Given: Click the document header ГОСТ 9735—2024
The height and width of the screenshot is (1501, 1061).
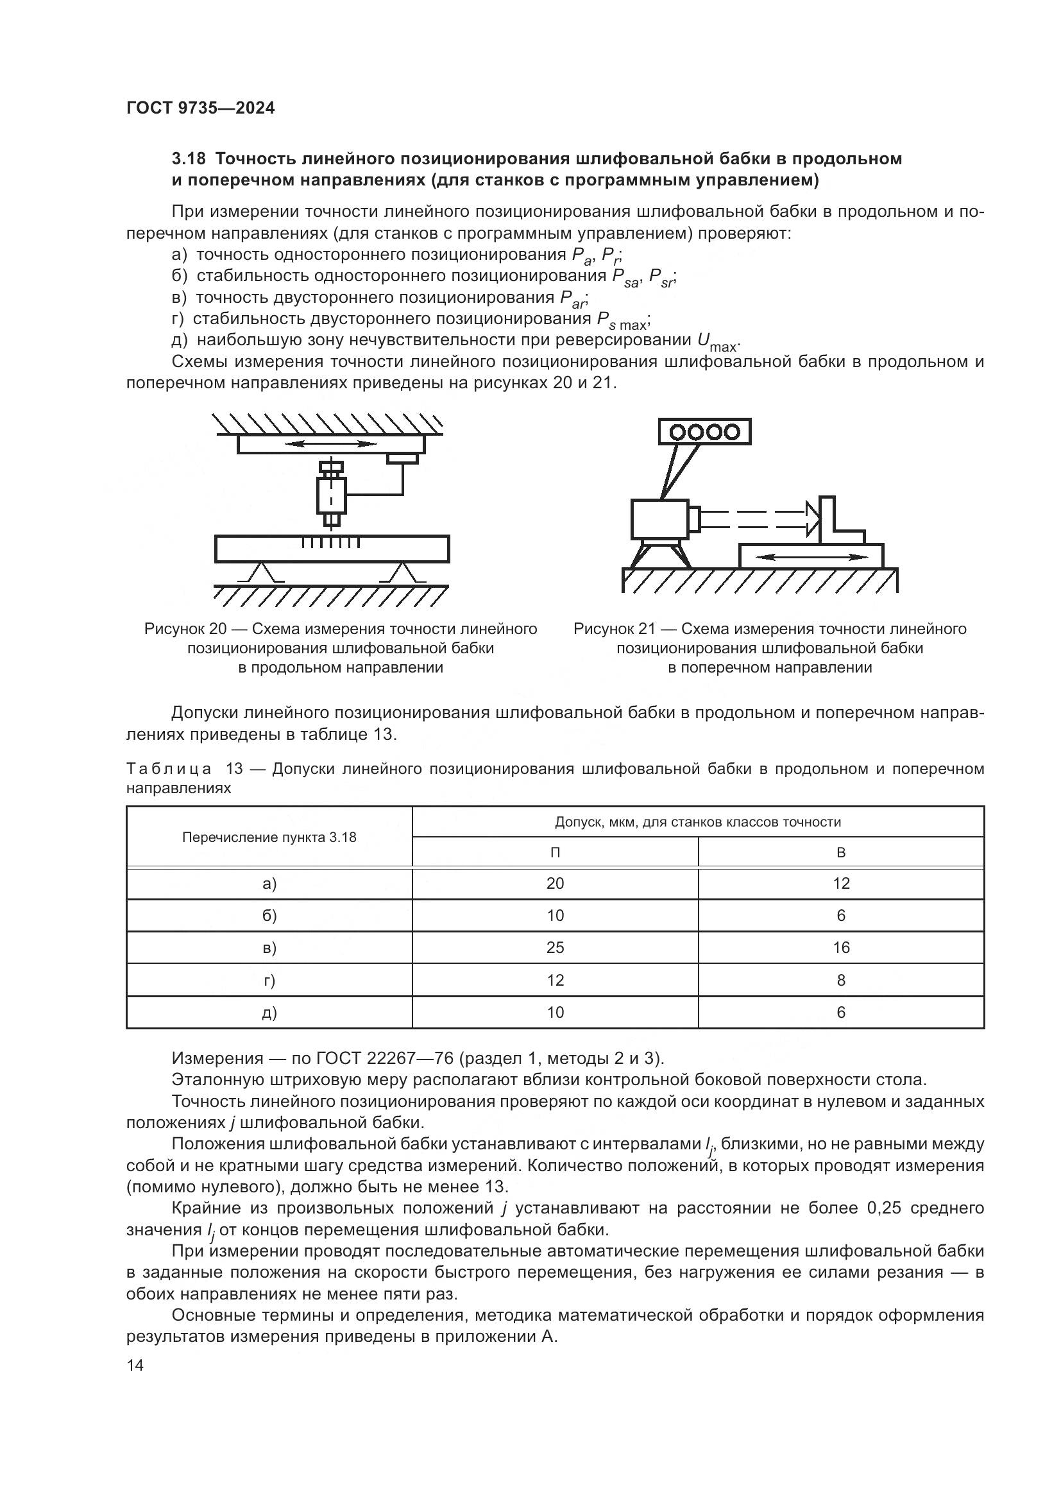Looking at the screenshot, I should pos(200,108).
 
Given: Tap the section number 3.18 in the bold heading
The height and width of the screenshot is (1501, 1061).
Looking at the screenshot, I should pos(189,159).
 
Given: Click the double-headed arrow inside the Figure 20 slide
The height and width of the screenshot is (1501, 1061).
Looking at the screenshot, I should pos(331,444).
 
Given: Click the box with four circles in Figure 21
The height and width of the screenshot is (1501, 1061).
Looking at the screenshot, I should pos(705,432).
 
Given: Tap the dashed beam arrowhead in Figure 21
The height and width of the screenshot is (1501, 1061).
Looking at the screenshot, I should pos(813,519).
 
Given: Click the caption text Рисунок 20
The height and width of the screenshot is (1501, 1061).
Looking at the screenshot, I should pos(185,629).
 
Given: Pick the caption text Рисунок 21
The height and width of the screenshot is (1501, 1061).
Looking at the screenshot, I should pos(614,629).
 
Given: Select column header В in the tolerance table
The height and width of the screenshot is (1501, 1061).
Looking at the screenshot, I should pos(841,852).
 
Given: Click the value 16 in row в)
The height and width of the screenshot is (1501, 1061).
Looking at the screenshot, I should pos(841,948).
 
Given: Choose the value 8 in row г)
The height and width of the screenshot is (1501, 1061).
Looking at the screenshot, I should pos(841,980).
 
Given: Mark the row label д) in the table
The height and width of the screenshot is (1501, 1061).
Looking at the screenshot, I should pos(269,1013).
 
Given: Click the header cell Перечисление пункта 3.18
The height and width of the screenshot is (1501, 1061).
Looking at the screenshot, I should pos(269,837).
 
